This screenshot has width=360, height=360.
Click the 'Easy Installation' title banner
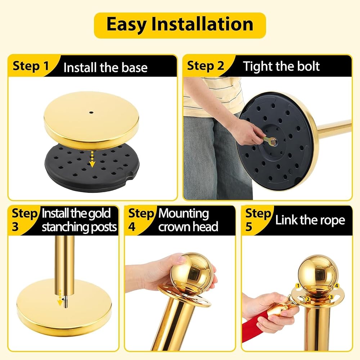[x=180, y=25]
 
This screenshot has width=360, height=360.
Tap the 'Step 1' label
[x=31, y=66]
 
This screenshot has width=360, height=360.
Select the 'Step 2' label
[x=206, y=66]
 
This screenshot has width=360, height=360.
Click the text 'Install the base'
[x=105, y=68]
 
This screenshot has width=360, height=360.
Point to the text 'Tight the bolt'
[x=281, y=66]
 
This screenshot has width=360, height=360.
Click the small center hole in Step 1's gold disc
[x=91, y=113]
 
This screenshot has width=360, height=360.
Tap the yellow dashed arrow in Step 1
[x=92, y=159]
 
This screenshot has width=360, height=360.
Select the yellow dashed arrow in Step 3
[x=60, y=298]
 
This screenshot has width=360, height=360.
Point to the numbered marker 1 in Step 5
[x=298, y=286]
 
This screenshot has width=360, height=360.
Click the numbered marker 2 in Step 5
[x=308, y=299]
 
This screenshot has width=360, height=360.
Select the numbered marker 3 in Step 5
[x=331, y=297]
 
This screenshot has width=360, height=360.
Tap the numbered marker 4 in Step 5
[x=337, y=286]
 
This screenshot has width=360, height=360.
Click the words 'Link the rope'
[x=310, y=220]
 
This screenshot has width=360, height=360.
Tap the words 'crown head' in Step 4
[x=188, y=227]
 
